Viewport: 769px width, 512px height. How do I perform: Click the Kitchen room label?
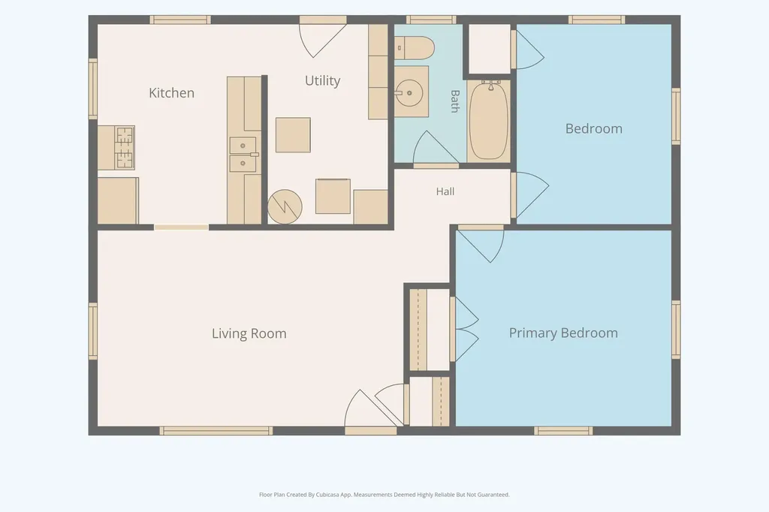172,92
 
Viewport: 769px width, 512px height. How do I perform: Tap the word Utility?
322,80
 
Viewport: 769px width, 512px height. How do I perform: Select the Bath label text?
454,101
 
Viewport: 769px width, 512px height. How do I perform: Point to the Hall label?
445,191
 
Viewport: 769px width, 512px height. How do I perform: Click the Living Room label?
249,333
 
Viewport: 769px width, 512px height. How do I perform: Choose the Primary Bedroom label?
563,333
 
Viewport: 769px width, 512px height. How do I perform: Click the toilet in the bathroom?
415,48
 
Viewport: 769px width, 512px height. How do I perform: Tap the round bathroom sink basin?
409,92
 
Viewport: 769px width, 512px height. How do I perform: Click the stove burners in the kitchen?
125,148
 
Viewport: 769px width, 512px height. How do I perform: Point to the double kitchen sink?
243,155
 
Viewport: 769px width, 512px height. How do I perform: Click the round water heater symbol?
285,207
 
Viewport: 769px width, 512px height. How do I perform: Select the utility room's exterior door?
322,39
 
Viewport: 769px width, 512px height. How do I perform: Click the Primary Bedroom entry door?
481,244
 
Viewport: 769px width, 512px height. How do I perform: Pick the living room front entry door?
371,411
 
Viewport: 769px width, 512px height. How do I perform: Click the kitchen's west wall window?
92,89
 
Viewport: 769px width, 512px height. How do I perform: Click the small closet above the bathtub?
490,49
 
